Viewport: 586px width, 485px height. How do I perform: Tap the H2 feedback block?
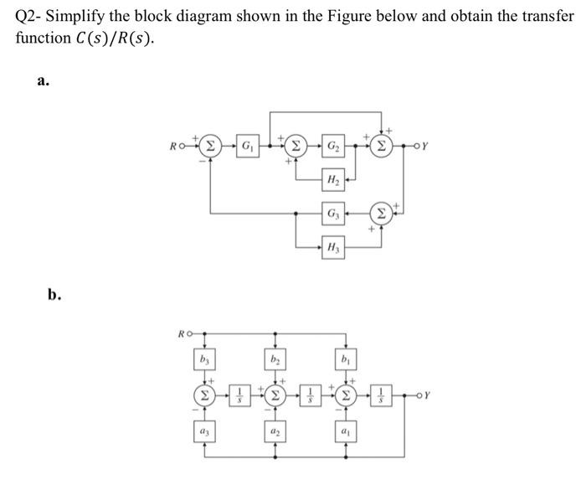click(333, 179)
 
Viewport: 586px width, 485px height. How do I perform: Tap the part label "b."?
click(54, 295)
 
